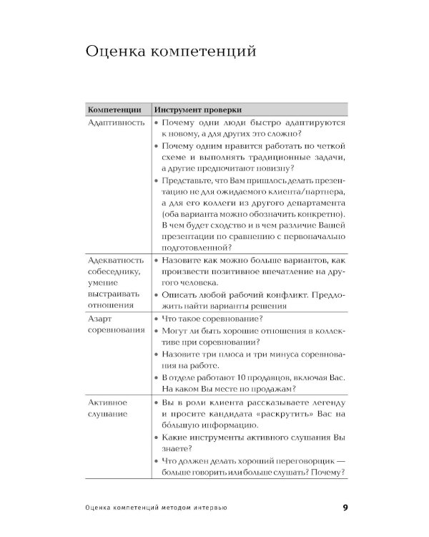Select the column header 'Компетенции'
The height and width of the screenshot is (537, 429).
point(114,110)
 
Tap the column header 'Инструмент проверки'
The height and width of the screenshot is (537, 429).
point(197,110)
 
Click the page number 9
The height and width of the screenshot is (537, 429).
point(345,508)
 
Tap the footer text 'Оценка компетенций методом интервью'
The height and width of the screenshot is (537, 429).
point(155,509)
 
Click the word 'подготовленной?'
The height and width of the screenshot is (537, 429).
point(201,247)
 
